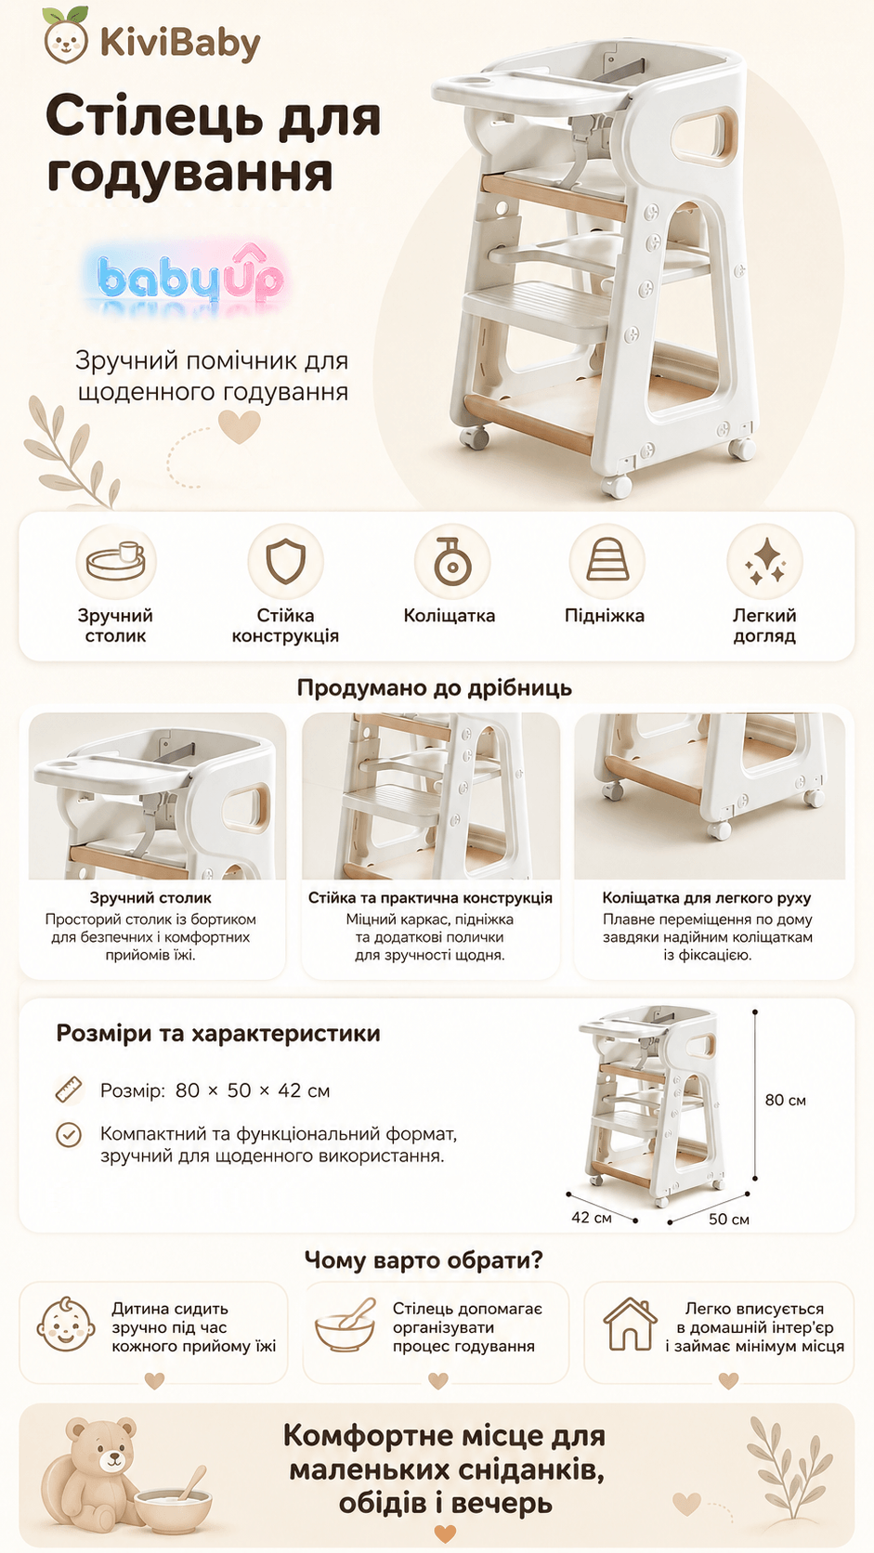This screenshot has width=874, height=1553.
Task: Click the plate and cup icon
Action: click(x=116, y=560)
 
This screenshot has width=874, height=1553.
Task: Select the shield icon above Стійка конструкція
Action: click(x=285, y=562)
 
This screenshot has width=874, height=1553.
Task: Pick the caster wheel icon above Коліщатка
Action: click(x=452, y=561)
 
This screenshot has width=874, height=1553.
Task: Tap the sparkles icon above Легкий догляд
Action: click(x=765, y=561)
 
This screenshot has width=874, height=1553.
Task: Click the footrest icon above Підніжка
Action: click(x=607, y=561)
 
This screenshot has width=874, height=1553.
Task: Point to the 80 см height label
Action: click(x=785, y=1100)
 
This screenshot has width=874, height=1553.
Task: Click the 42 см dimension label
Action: click(x=592, y=1218)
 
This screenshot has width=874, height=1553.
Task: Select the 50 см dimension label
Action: click(x=728, y=1220)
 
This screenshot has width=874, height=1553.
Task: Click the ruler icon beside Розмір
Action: click(x=69, y=1090)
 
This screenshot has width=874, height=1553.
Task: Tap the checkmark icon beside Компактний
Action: click(x=69, y=1135)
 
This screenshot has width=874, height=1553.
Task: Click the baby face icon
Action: click(x=67, y=1324)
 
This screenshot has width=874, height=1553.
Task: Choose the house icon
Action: click(x=630, y=1324)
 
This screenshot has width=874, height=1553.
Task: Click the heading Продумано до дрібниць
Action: click(x=435, y=687)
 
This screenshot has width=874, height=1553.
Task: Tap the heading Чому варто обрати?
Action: click(x=424, y=1259)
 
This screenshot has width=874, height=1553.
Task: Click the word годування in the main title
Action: click(x=189, y=173)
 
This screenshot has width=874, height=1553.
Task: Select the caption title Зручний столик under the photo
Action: click(x=150, y=898)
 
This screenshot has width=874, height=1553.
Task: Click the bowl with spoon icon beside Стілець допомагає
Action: click(x=345, y=1325)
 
